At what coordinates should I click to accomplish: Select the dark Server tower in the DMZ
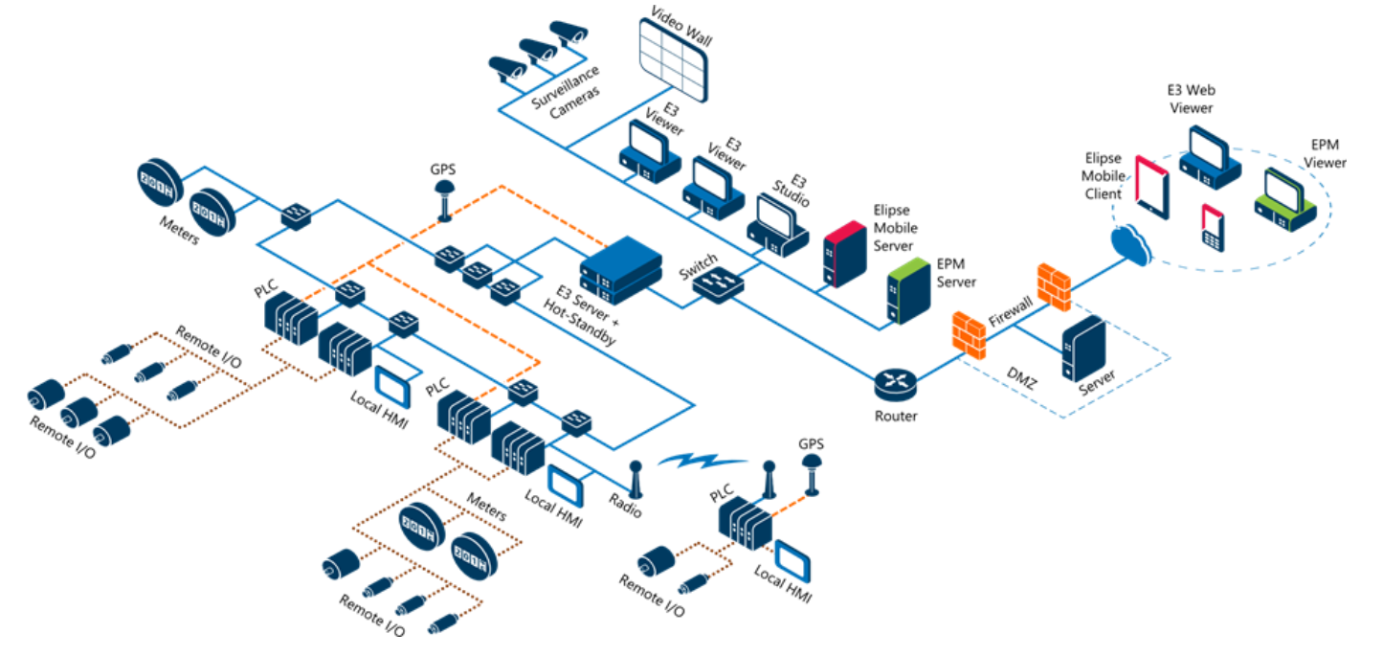1083,350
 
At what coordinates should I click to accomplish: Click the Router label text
896,416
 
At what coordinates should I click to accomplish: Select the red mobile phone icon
1213,228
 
